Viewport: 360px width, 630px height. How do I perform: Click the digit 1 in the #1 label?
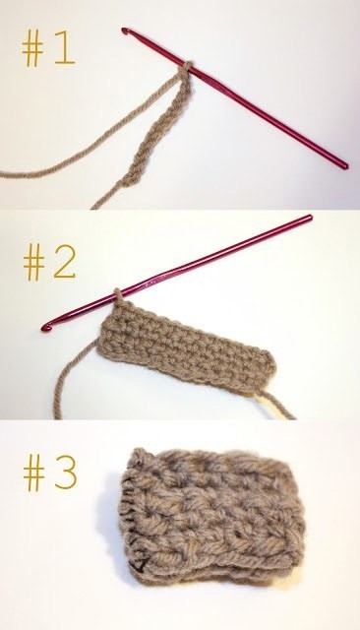click(64, 47)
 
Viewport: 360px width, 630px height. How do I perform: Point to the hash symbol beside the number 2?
click(34, 265)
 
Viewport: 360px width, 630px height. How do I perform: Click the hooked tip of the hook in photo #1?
click(125, 31)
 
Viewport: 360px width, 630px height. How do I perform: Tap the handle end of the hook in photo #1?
click(344, 164)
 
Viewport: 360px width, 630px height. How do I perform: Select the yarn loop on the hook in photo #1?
click(186, 67)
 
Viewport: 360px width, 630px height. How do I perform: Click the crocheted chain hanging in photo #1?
click(154, 129)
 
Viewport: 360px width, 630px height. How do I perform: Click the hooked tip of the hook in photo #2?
click(46, 328)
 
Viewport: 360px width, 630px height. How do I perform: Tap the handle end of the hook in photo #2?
click(309, 218)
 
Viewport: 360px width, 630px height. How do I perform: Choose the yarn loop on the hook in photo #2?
click(118, 294)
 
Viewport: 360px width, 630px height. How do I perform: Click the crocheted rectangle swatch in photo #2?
click(186, 346)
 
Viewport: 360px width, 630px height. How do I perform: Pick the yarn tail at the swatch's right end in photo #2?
click(276, 405)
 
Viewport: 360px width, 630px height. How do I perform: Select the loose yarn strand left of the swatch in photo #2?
click(70, 378)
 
